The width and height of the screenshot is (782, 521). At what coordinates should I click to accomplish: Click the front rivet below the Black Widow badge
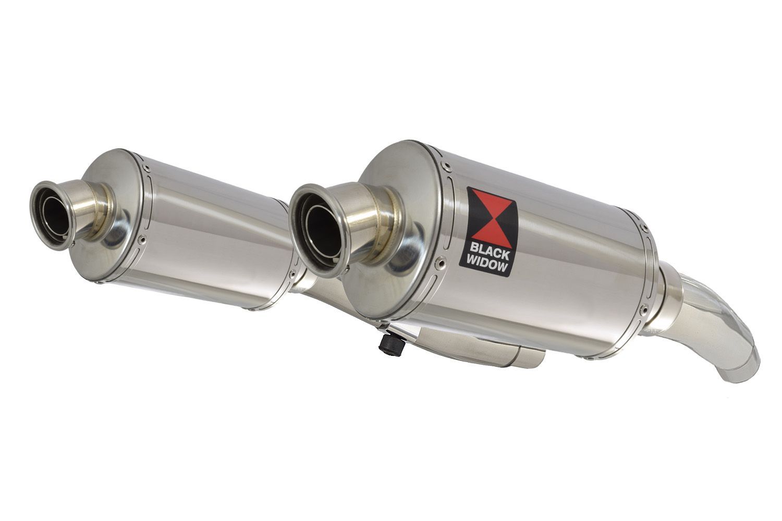click(x=442, y=260)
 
